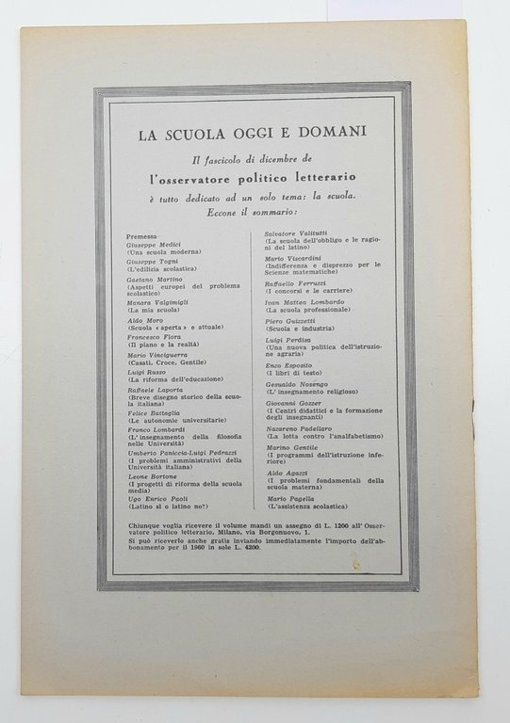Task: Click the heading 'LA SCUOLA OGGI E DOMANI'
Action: [254, 134]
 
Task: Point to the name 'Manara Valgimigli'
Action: [162, 301]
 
